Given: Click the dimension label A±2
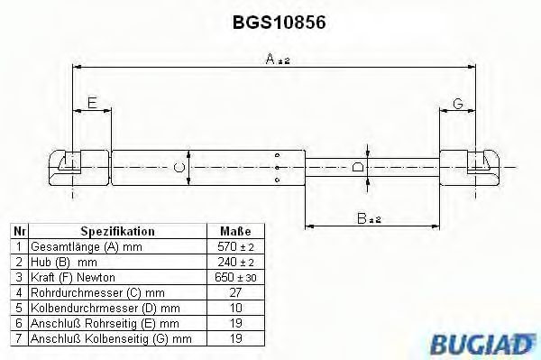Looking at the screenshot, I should click(277, 60).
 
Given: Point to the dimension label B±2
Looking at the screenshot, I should click(368, 217).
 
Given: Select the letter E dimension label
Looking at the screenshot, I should click(92, 105).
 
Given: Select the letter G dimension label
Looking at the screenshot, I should click(458, 105).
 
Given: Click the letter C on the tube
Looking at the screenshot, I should click(179, 168).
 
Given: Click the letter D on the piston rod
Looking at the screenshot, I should click(358, 167).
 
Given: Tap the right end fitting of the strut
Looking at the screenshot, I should click(482, 163).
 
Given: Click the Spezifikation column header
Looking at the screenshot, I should click(117, 231).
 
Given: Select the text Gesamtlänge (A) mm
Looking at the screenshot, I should click(75, 245).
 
